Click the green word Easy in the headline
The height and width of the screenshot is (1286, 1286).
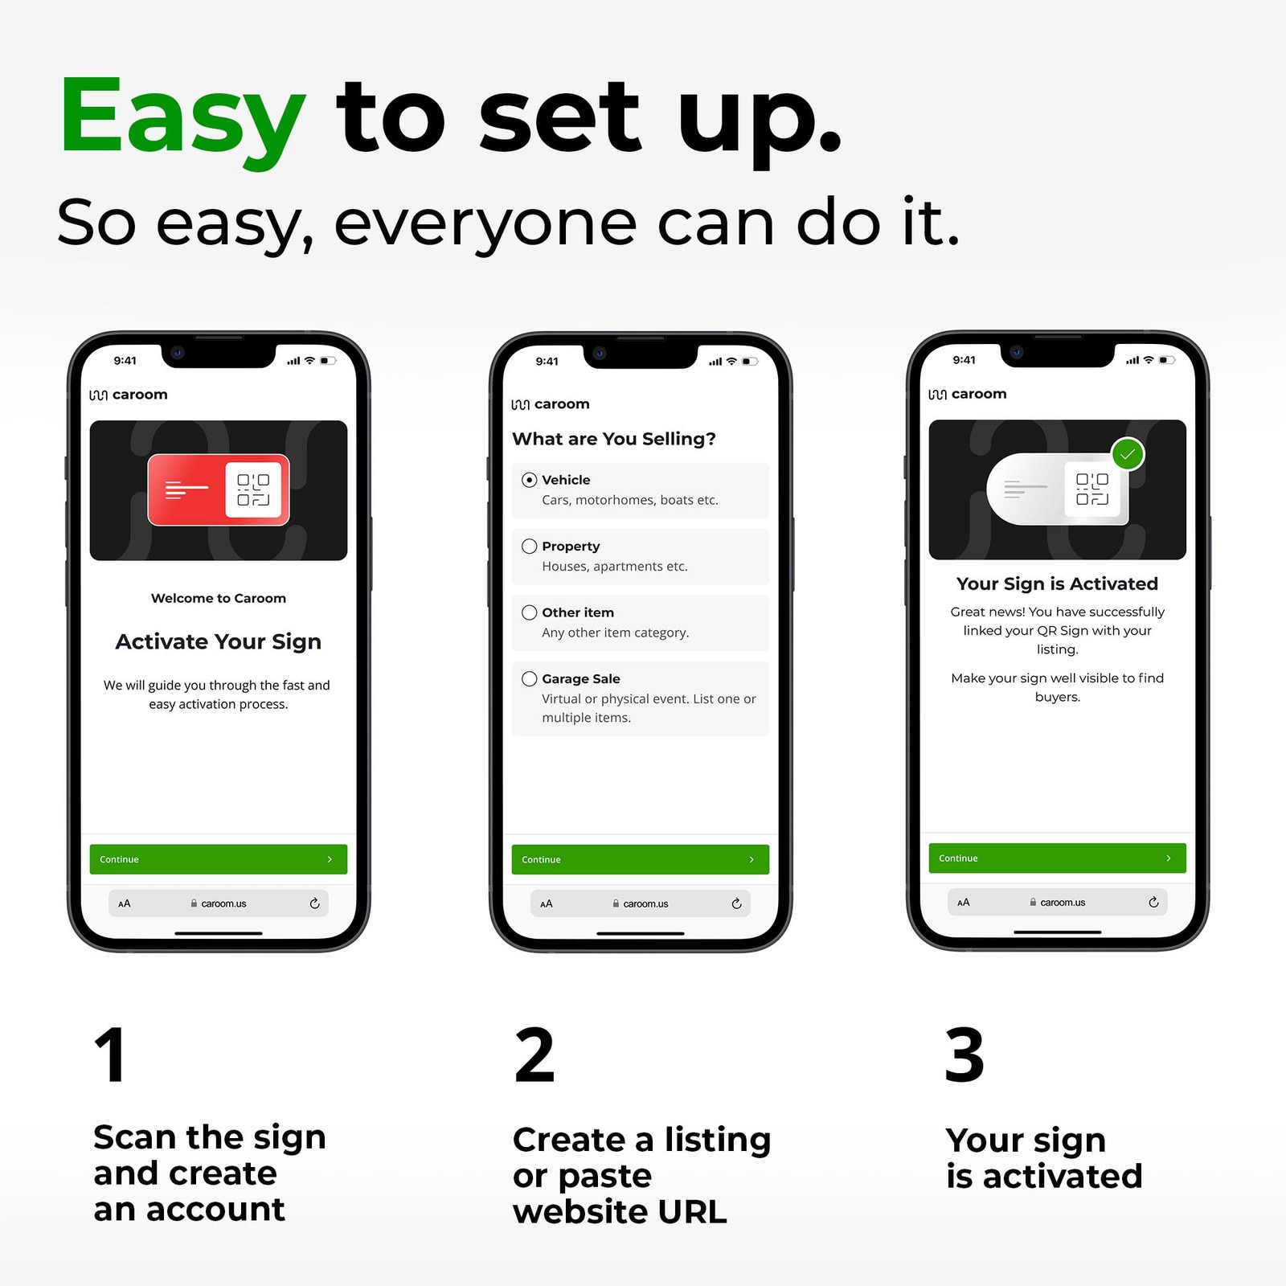click(x=182, y=118)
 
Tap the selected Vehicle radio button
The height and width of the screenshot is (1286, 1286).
click(x=529, y=480)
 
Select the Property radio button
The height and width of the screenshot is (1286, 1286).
click(x=529, y=547)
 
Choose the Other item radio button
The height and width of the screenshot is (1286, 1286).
click(x=529, y=612)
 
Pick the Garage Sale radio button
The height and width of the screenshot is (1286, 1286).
click(x=529, y=679)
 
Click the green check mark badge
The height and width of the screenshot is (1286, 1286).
click(x=1128, y=454)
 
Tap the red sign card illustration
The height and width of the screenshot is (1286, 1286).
click(x=219, y=489)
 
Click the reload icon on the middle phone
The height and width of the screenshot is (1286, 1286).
click(x=736, y=903)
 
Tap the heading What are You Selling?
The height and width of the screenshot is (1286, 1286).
click(x=614, y=439)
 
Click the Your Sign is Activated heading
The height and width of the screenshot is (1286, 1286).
click(x=1057, y=584)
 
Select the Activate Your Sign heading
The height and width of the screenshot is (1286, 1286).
click(x=219, y=642)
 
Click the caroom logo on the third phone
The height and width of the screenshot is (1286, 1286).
click(x=967, y=394)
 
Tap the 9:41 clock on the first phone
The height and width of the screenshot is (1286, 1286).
click(x=125, y=361)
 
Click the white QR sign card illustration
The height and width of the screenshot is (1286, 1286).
click(x=1058, y=489)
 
